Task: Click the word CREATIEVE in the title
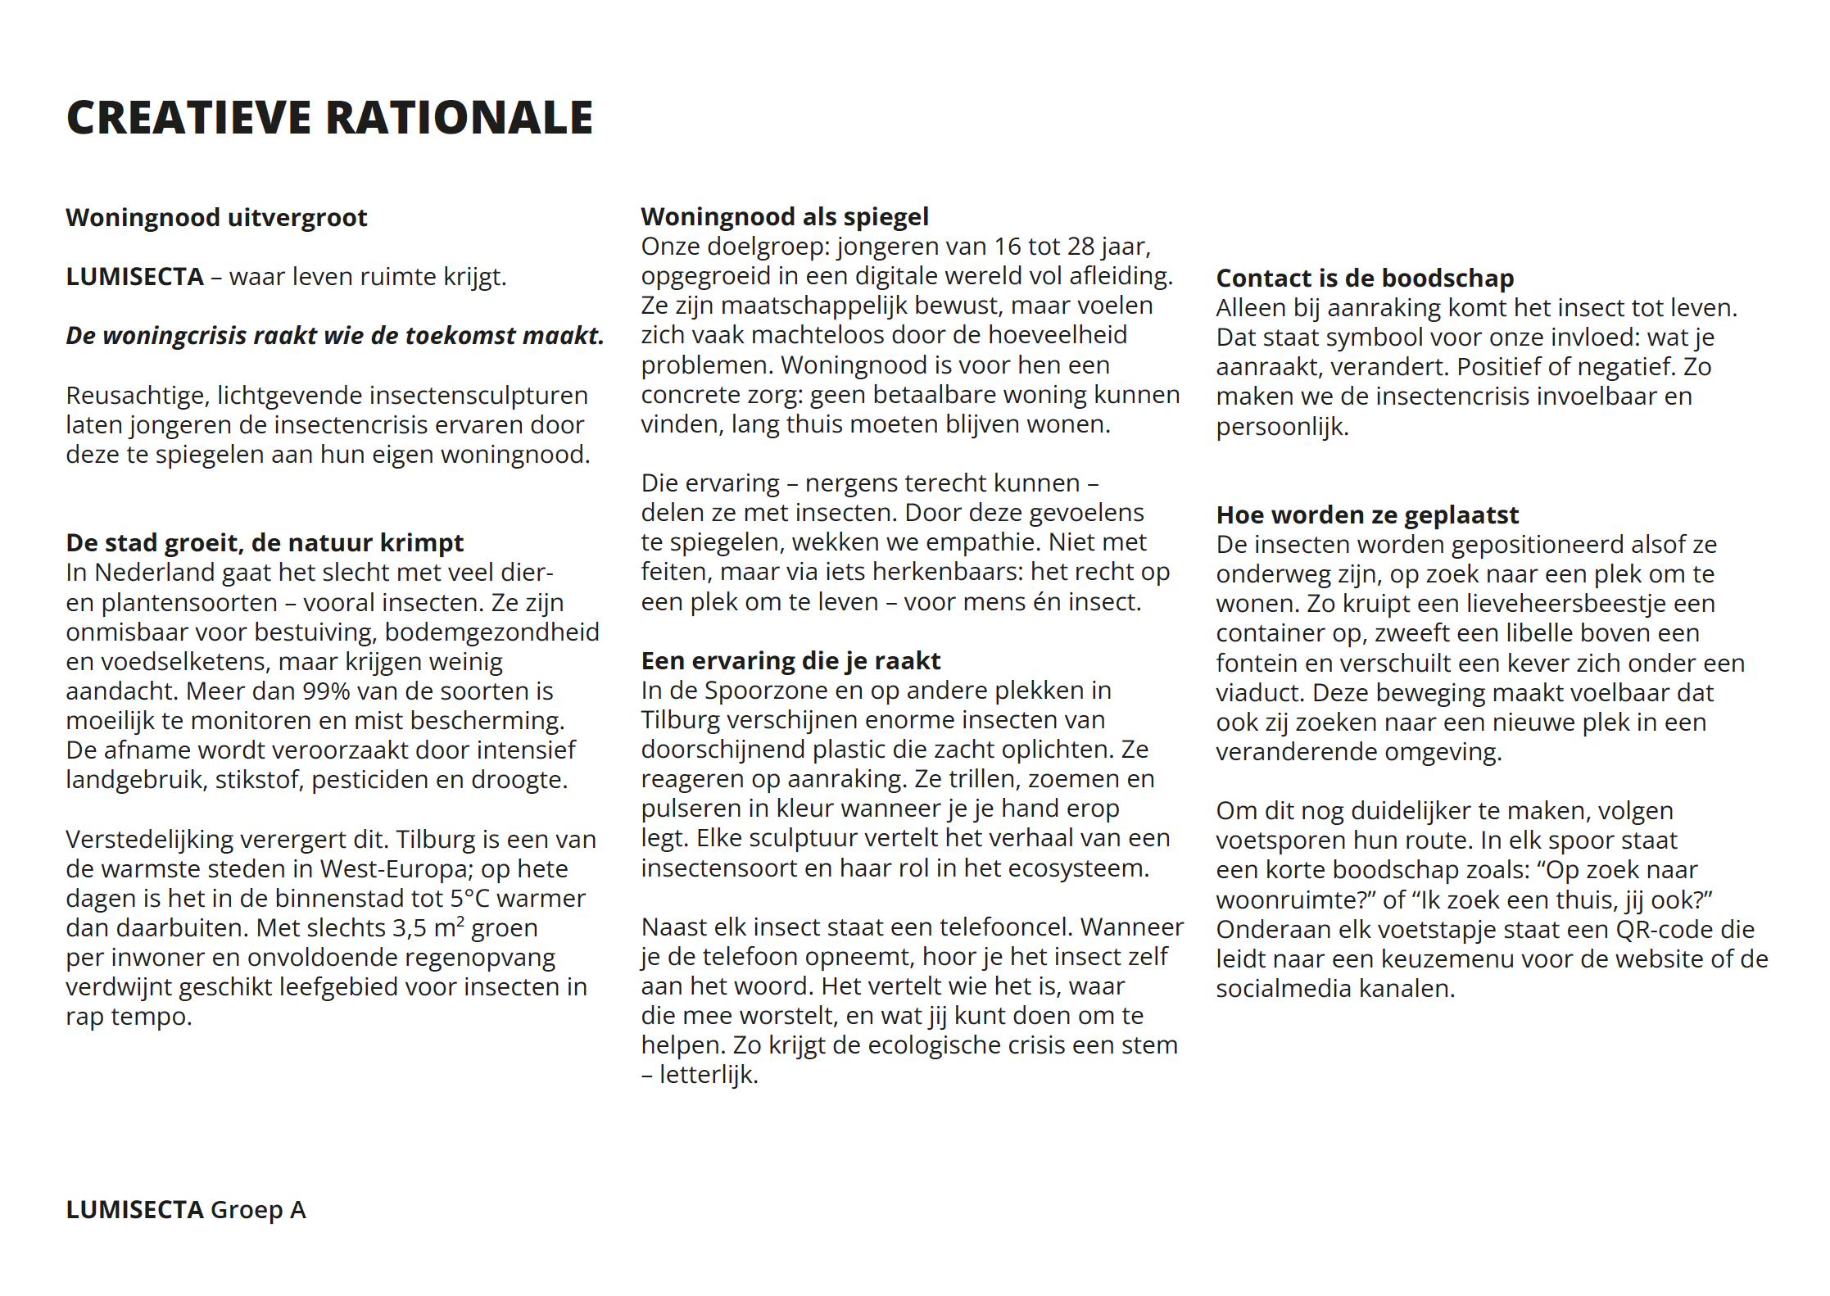point(188,117)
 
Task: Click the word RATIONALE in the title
point(460,117)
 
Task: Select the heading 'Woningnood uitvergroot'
point(216,218)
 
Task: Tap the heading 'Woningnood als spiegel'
point(785,217)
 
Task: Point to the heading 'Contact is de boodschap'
point(1365,279)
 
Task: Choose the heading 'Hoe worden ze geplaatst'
point(1367,515)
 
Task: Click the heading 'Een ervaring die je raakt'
point(790,661)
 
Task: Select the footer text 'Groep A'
point(258,1210)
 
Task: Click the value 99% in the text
point(326,691)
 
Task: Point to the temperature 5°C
point(470,899)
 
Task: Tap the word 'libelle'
point(1555,633)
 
